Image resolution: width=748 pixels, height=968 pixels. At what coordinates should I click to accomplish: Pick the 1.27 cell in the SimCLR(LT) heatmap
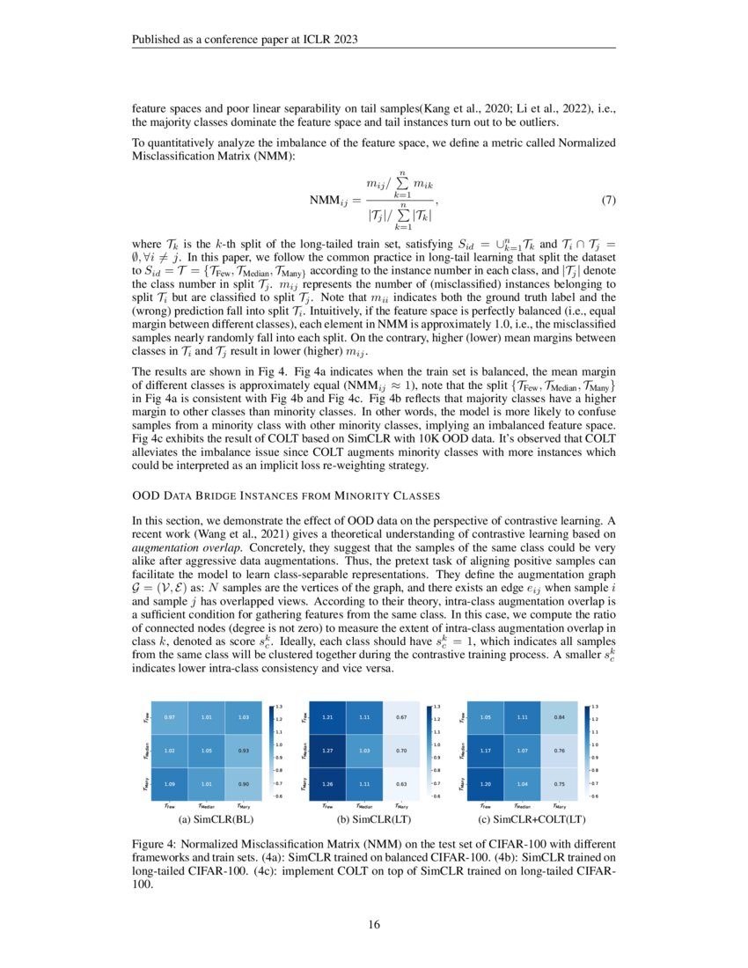point(326,751)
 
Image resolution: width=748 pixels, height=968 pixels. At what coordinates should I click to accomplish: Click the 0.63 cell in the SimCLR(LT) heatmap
point(401,783)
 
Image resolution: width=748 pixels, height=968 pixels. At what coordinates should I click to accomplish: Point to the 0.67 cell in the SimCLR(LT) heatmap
point(401,718)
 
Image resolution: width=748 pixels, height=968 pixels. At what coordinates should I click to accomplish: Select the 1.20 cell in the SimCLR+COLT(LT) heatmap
point(484,783)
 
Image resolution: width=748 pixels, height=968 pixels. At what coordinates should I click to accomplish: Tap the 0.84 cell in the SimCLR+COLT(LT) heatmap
point(559,718)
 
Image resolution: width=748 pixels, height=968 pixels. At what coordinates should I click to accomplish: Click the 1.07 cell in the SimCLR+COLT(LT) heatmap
point(522,751)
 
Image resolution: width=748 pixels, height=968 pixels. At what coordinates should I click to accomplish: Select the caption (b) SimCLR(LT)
point(363,820)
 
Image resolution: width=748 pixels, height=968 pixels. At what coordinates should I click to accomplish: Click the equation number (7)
point(607,200)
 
